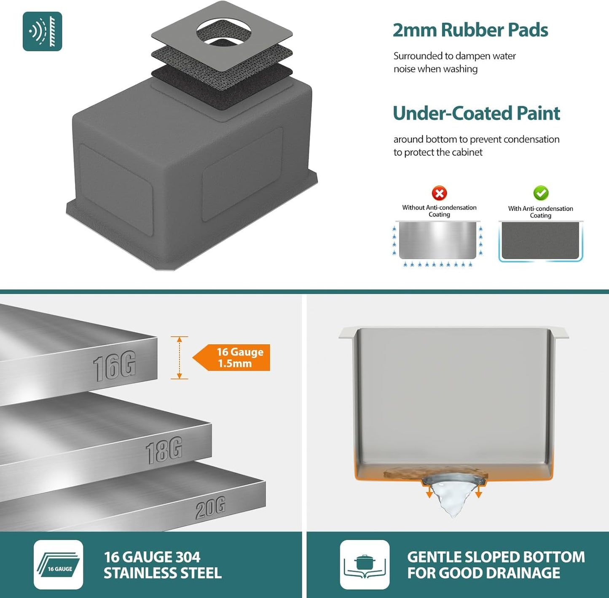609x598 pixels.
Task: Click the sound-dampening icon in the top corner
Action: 42,31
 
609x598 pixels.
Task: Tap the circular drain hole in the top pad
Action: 224,32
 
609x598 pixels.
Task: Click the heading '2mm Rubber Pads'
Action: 470,30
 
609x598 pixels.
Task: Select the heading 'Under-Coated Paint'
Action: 476,113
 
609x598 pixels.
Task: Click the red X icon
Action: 439,193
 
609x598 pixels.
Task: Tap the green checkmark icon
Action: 541,193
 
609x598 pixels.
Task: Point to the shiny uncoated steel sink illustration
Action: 437,240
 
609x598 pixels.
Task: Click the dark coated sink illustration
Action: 540,241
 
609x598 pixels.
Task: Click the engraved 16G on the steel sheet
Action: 114,366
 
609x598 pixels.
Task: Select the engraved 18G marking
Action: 164,450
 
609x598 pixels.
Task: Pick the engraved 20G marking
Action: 210,507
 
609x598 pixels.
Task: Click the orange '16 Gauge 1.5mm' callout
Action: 231,357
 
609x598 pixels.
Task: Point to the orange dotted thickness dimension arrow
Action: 179,357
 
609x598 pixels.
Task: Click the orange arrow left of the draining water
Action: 429,492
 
